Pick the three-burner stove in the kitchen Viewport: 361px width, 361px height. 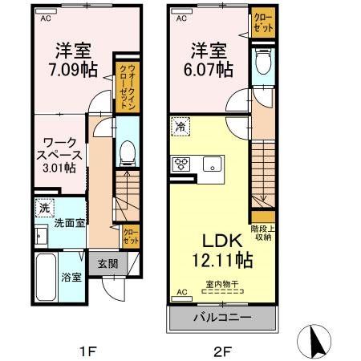tap(180, 164)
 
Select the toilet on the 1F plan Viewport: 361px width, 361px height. tap(126, 153)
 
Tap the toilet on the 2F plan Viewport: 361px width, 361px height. tap(261, 65)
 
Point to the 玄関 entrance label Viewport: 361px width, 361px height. tap(109, 263)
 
